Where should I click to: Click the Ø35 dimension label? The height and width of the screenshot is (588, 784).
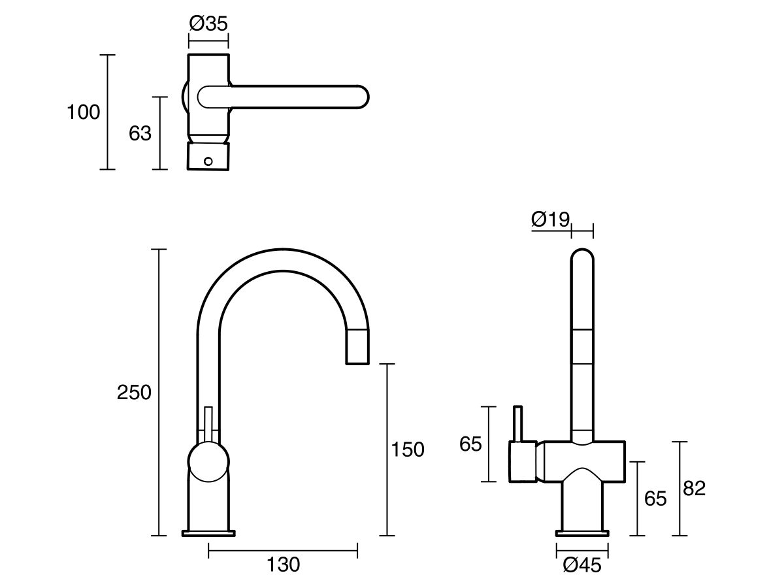[208, 24]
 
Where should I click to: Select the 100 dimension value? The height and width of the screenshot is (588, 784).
[84, 112]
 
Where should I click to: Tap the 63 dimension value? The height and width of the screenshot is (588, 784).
[140, 133]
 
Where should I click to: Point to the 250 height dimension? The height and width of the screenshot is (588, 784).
[134, 393]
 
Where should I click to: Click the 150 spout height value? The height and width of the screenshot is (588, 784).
[407, 449]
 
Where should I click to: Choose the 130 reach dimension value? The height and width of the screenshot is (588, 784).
[283, 564]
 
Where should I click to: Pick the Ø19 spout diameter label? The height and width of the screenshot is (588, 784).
[551, 220]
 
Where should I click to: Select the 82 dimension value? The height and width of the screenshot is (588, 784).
[694, 488]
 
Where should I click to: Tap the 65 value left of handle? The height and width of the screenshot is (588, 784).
[470, 444]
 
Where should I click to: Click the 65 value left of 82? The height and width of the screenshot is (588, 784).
[655, 499]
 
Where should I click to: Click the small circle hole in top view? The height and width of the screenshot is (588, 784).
[209, 161]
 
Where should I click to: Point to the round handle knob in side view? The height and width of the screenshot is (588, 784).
[209, 462]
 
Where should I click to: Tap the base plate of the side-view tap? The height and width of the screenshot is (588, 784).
[208, 532]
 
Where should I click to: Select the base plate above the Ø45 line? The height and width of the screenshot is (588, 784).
[581, 532]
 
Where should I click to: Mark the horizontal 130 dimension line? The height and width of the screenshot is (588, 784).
[283, 551]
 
